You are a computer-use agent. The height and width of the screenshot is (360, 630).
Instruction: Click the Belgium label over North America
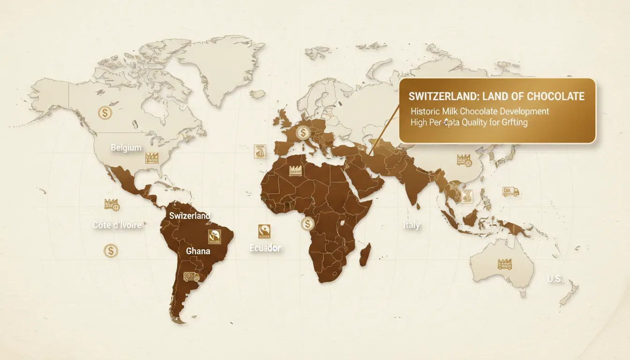(x=126, y=148)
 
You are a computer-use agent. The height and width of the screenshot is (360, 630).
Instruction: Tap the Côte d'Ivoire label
(x=117, y=225)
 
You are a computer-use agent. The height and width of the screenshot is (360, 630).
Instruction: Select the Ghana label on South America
(x=198, y=251)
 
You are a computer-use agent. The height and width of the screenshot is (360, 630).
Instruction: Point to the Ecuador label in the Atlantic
(x=265, y=248)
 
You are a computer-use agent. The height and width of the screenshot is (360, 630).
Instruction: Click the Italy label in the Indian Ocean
(x=412, y=225)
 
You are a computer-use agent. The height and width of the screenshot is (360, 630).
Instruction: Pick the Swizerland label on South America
(x=189, y=216)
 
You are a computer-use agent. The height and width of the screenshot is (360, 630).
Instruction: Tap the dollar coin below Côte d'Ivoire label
(x=111, y=251)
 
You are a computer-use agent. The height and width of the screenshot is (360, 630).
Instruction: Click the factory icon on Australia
(x=505, y=263)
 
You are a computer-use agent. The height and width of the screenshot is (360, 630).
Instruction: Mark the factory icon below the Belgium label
(x=151, y=157)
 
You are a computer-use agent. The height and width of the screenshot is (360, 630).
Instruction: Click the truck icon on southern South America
(x=191, y=276)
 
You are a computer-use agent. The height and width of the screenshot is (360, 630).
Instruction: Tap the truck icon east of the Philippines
(x=510, y=191)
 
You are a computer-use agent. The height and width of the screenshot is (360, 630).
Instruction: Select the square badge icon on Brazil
(x=214, y=237)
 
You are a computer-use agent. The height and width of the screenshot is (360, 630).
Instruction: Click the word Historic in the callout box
(x=425, y=112)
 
